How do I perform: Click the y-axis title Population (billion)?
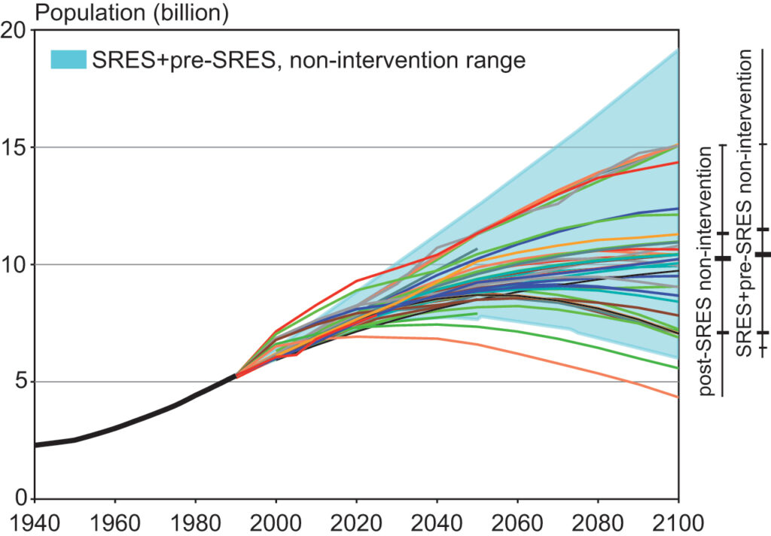(132, 13)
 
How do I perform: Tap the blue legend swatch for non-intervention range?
(69, 59)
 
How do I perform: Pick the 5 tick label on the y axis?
(21, 382)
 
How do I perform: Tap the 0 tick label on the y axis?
(21, 498)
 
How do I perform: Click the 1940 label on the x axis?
(35, 523)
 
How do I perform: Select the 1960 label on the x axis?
(115, 523)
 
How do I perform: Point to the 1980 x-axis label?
(196, 523)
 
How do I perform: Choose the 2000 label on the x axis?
(276, 523)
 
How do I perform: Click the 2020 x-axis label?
(356, 523)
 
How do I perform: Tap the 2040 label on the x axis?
(437, 523)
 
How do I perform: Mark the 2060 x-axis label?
(517, 523)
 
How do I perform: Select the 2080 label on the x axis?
(598, 523)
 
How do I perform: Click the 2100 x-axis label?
(678, 523)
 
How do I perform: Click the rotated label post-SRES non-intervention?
(706, 271)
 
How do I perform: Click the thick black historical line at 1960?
(115, 428)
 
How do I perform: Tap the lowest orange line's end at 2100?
(678, 397)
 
